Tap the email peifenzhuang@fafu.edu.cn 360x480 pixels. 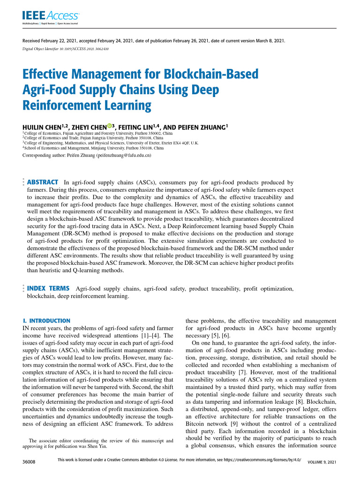tap(124, 155)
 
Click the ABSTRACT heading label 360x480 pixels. tap(43, 182)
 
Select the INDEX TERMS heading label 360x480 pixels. tap(49, 289)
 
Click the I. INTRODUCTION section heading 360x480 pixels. tap(47, 321)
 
